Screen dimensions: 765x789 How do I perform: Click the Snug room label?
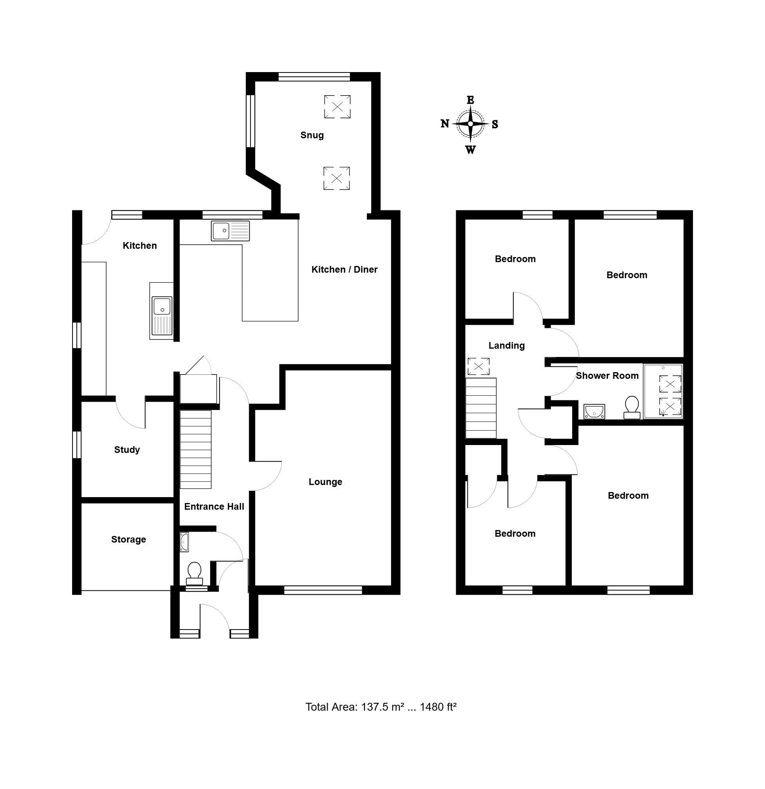click(x=312, y=135)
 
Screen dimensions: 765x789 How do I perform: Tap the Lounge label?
click(x=325, y=482)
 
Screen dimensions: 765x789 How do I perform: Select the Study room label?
click(x=127, y=450)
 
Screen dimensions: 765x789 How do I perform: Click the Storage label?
click(x=129, y=539)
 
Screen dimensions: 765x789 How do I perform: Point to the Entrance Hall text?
click(x=214, y=507)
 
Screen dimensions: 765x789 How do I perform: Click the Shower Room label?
click(x=607, y=376)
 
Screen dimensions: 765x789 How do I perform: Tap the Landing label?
click(x=506, y=346)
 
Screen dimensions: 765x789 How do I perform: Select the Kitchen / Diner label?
click(x=344, y=269)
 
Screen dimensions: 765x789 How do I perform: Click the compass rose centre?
click(x=470, y=123)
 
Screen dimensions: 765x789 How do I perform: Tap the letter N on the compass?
click(x=445, y=123)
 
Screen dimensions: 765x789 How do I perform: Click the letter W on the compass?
click(x=470, y=150)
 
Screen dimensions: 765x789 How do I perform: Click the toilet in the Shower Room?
click(x=632, y=407)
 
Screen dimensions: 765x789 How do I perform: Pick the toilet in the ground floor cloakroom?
click(x=194, y=573)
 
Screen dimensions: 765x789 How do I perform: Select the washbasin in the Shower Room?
click(x=594, y=411)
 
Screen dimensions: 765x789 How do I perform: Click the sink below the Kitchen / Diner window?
click(x=230, y=231)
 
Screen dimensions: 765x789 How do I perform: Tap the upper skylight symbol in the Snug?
click(x=337, y=107)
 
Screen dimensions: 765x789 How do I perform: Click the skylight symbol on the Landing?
click(x=479, y=366)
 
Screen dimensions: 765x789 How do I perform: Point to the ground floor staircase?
click(x=195, y=449)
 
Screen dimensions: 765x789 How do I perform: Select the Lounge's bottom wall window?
click(x=323, y=590)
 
